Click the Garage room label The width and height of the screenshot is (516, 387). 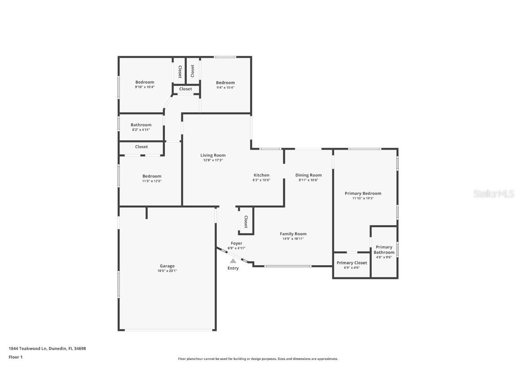167,266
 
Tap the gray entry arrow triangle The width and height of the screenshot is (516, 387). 233,261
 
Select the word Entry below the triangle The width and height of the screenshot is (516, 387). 233,268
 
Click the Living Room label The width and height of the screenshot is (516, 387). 213,155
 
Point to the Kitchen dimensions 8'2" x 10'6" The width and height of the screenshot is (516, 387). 261,180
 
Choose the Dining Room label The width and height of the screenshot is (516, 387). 308,175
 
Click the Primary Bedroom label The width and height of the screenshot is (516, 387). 363,193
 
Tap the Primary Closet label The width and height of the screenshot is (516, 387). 352,263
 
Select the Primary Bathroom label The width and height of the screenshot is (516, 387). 384,249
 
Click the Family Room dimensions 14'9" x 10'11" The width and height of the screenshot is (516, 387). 293,239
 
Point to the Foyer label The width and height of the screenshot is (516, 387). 236,243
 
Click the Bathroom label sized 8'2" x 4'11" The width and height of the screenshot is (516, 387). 141,125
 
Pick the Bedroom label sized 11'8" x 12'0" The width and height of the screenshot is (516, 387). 152,176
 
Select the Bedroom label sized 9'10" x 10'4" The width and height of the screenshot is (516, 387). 145,82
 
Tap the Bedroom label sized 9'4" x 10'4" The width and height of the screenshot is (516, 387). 225,82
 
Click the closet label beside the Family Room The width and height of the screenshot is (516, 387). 246,221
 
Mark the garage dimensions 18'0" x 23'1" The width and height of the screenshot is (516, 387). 167,271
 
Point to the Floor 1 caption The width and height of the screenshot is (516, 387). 15,357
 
